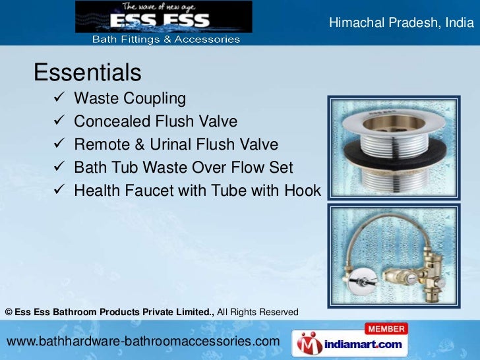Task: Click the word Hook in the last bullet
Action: [x=302, y=191]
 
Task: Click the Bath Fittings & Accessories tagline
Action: [x=165, y=40]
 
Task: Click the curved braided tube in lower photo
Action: [x=369, y=227]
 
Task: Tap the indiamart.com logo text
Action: [x=364, y=344]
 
